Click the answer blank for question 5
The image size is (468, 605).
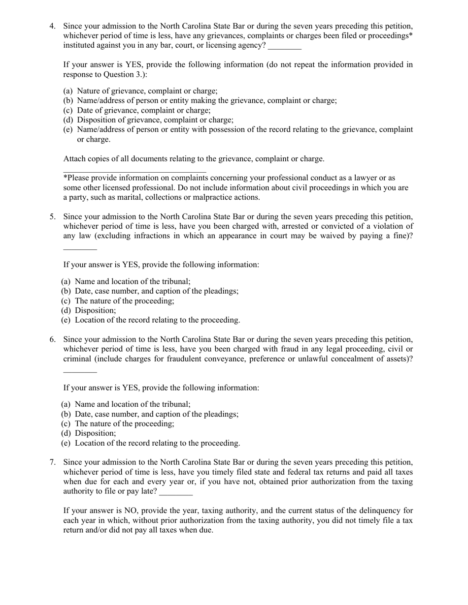point(80,248)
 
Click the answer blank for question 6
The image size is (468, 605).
point(80,371)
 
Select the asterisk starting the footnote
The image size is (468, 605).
point(65,177)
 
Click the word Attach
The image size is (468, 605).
point(75,159)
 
